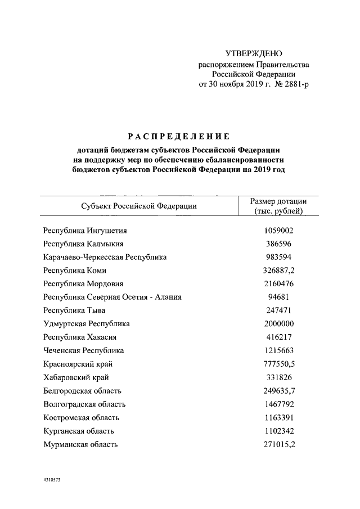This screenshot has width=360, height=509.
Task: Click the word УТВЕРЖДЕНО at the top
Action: tap(253, 54)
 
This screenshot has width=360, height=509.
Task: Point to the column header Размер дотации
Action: tap(278, 201)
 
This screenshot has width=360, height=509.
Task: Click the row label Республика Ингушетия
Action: tap(85, 230)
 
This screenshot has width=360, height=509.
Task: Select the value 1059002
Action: tap(278, 230)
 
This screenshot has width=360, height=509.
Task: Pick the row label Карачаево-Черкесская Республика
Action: tap(105, 257)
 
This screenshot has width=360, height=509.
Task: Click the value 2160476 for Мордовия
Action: tap(278, 283)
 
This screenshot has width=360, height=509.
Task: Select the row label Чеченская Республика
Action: tap(83, 350)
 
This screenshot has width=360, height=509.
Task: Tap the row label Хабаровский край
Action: tap(76, 377)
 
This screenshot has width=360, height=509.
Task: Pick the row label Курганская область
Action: tap(78, 431)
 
